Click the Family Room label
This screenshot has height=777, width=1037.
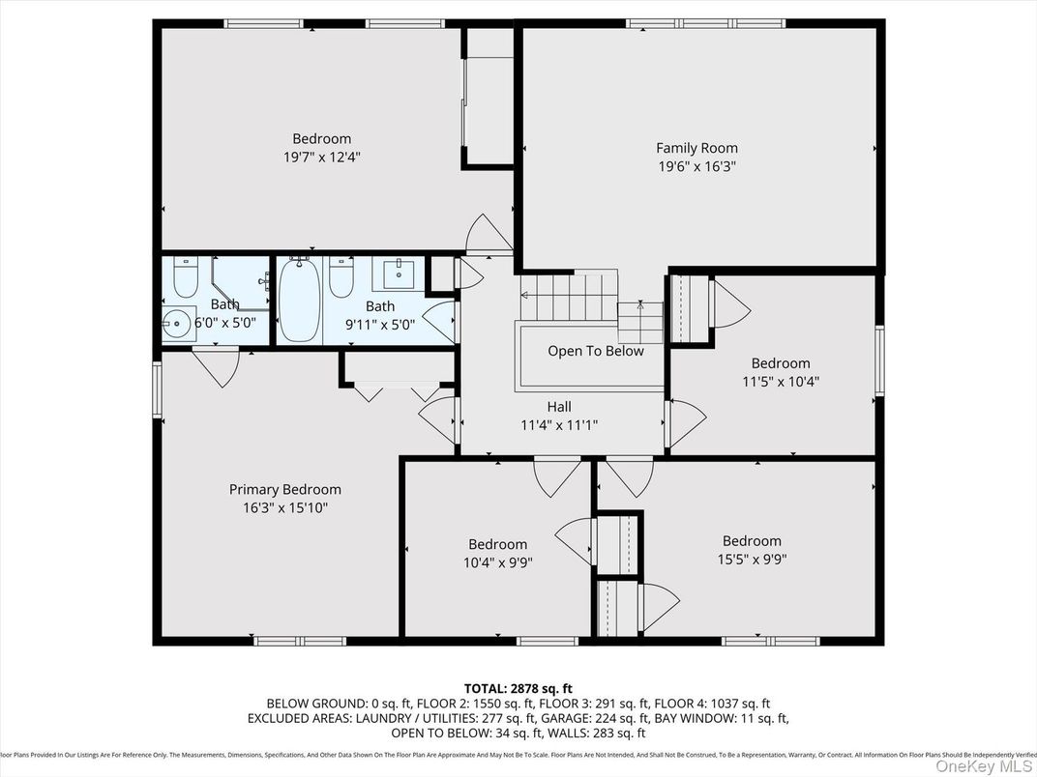coord(696,148)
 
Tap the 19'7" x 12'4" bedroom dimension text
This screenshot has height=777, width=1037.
coord(322,157)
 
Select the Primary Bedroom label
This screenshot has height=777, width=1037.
coord(284,490)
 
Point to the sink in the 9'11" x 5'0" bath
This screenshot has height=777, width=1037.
coord(400,273)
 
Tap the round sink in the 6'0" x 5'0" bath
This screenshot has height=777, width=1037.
coord(176,324)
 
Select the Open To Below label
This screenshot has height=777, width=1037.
coord(595,351)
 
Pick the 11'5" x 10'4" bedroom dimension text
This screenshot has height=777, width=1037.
coord(780,381)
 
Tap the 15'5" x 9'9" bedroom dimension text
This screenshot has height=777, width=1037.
coord(751,559)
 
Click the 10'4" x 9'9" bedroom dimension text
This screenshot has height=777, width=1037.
coord(497,562)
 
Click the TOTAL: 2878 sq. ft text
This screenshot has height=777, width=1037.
coord(518,687)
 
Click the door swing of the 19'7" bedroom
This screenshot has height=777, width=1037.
coord(489,235)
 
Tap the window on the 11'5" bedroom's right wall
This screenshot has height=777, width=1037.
coord(879,360)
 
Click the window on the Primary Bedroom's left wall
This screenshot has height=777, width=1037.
coord(158,389)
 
